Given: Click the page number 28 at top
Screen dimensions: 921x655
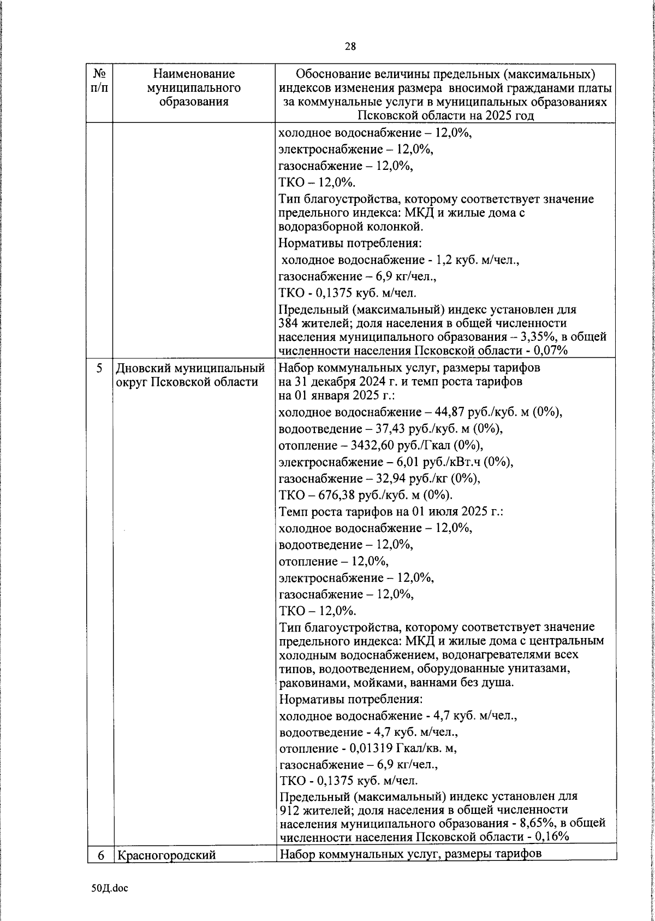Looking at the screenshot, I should point(350,46).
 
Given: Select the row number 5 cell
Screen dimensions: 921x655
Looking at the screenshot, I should point(99,368).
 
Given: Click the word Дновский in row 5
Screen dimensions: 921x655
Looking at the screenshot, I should point(140,368).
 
